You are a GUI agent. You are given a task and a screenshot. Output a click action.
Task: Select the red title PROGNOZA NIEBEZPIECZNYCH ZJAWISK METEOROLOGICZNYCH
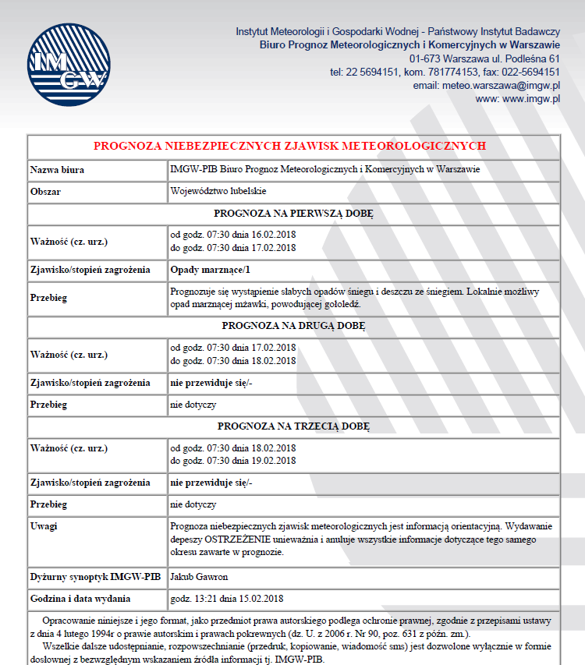click(289, 146)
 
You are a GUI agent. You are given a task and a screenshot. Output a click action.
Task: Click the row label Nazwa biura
click(57, 169)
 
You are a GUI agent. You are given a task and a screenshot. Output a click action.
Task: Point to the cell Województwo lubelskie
click(218, 190)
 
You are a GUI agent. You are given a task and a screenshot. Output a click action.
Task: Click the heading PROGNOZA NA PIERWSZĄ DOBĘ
click(293, 212)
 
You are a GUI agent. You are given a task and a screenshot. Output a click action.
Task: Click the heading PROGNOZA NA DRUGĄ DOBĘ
click(293, 325)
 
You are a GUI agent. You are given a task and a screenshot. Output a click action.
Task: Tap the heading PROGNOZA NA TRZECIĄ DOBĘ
click(293, 426)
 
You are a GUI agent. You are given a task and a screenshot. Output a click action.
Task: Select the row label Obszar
click(46, 190)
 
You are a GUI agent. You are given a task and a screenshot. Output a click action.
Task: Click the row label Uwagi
click(44, 526)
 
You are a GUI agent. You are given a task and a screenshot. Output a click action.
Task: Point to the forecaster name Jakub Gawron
click(200, 577)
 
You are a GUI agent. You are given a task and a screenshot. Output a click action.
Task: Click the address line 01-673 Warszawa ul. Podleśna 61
click(484, 58)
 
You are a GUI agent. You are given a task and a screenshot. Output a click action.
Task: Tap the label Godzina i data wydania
click(80, 599)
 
